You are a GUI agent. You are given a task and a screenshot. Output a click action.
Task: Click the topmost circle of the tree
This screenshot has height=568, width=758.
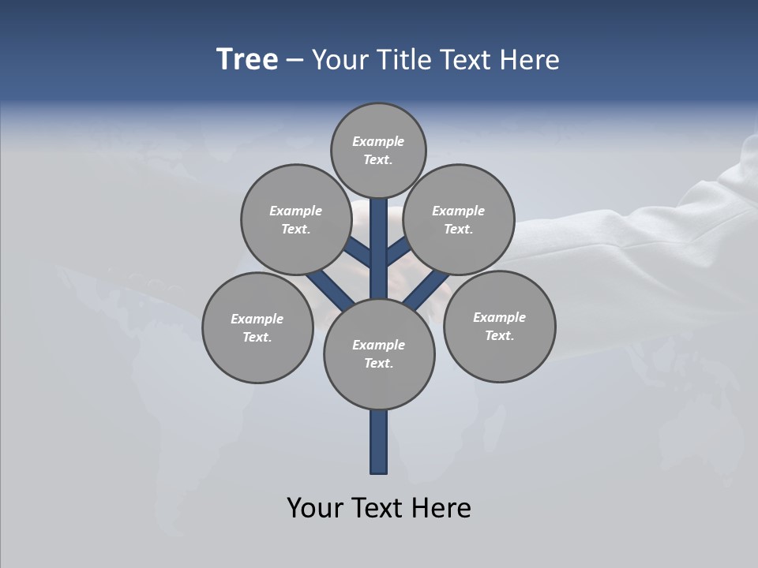pyautogui.click(x=378, y=150)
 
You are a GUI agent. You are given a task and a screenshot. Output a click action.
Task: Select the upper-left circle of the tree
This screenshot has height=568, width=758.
pyautogui.click(x=296, y=219)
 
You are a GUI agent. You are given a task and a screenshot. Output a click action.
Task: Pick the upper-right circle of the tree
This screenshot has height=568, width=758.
pyautogui.click(x=459, y=219)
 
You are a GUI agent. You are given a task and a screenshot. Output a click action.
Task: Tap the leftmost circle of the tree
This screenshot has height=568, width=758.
pyautogui.click(x=257, y=327)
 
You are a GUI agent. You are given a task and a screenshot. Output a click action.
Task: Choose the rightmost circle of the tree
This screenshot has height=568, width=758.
pyautogui.click(x=500, y=326)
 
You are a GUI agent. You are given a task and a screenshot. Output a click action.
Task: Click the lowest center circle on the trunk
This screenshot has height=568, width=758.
pyautogui.click(x=379, y=354)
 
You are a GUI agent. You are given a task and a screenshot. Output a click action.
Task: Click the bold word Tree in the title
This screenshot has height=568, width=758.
pyautogui.click(x=247, y=59)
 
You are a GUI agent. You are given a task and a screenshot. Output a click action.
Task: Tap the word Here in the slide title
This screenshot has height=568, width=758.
pyautogui.click(x=529, y=59)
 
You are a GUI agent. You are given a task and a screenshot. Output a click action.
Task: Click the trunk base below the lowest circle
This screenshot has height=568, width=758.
pyautogui.click(x=379, y=442)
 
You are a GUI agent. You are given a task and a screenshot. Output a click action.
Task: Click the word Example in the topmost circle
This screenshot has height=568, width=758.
pyautogui.click(x=378, y=141)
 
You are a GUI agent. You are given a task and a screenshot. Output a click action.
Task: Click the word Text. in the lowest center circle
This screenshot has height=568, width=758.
pyautogui.click(x=378, y=363)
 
